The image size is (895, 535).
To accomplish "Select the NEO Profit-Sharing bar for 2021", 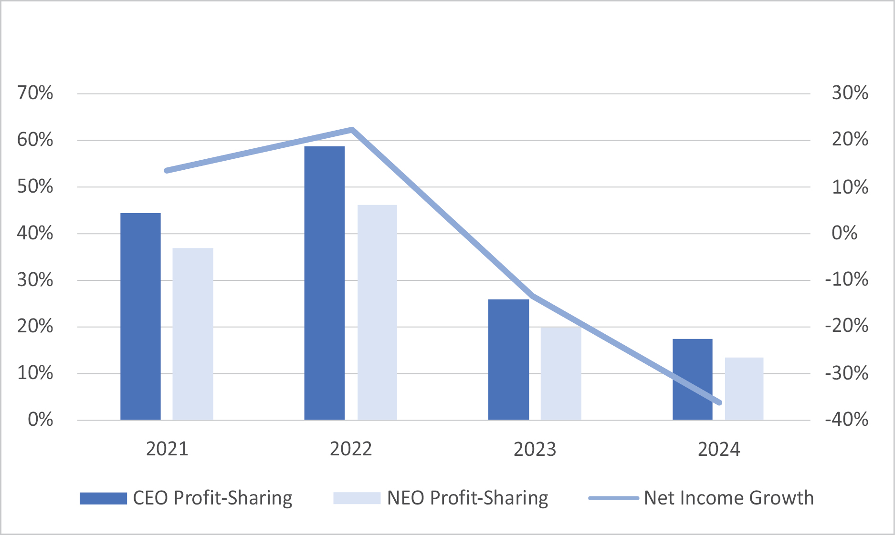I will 193,334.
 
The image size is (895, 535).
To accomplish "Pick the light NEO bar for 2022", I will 377,312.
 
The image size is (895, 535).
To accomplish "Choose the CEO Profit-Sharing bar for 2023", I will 508,360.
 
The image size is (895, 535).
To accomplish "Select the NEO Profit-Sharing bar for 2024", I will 744,389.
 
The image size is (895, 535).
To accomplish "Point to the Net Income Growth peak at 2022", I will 352,129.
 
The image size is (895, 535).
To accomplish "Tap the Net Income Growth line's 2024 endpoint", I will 719,402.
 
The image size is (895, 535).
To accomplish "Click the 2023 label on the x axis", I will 535,449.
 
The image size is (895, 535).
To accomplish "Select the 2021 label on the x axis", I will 167,449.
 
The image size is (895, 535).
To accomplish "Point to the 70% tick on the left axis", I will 35,93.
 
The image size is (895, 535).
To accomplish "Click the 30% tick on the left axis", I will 35,279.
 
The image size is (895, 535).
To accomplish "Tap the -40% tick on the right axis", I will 847,419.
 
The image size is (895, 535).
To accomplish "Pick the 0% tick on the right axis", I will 844,233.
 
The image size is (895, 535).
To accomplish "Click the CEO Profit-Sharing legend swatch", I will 103,498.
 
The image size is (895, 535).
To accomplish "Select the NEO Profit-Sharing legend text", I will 467,498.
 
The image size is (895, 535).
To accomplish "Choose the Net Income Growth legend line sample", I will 613,498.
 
